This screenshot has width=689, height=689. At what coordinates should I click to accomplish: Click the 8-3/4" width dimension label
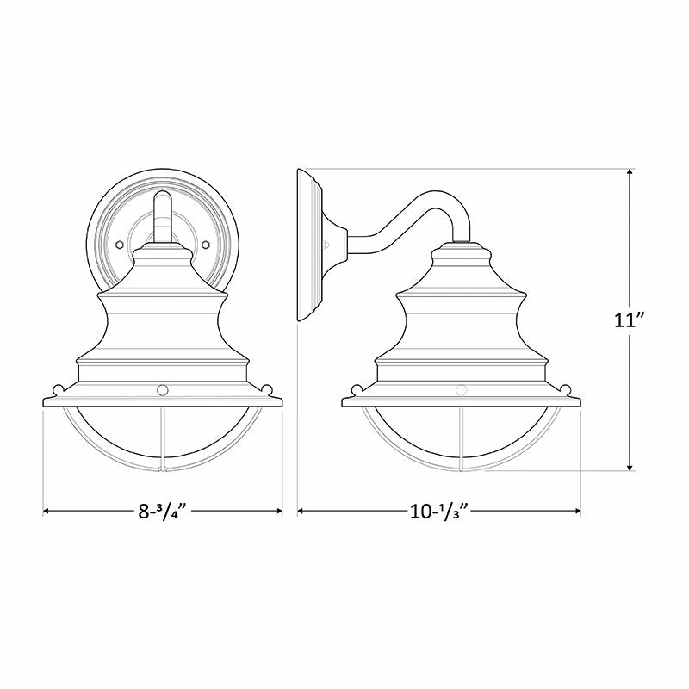pyautogui.click(x=163, y=511)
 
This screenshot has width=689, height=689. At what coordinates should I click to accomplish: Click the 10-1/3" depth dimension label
pyautogui.click(x=439, y=511)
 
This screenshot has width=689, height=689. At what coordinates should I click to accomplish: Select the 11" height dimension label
pyautogui.click(x=631, y=320)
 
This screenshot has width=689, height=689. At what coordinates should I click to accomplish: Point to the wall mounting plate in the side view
pyautogui.click(x=307, y=245)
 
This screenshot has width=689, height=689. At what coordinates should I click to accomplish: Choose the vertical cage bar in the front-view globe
pyautogui.click(x=162, y=439)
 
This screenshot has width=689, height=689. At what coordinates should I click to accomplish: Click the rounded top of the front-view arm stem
pyautogui.click(x=162, y=198)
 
